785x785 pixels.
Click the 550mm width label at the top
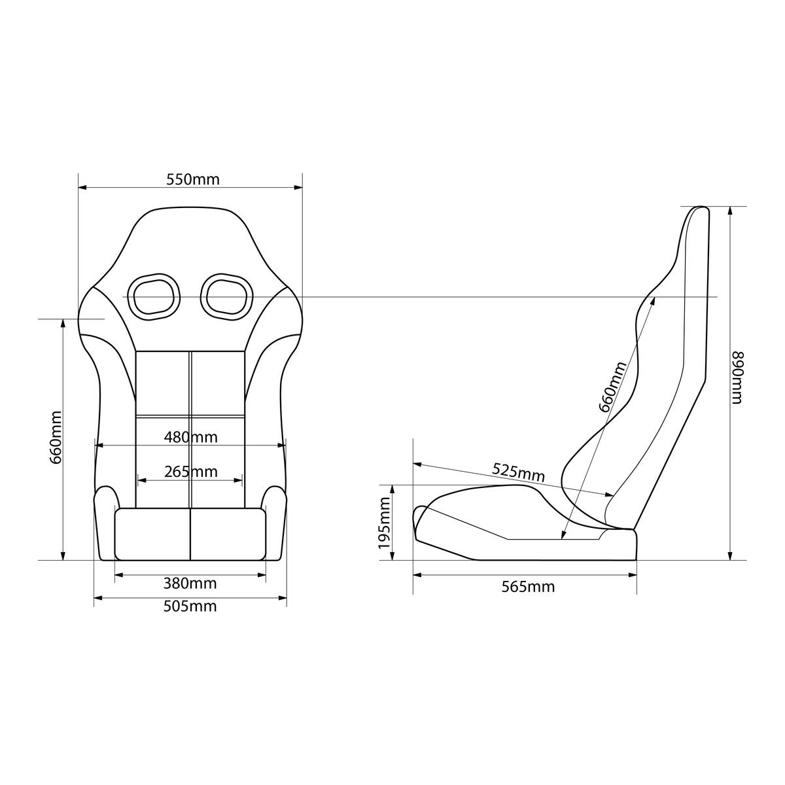193,179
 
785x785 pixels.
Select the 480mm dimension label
190,436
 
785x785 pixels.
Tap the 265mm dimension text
190,471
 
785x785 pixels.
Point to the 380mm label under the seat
190,583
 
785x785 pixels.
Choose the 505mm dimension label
190,606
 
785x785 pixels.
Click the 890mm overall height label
737,377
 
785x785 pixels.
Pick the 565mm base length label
528,587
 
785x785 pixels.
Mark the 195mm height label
384,523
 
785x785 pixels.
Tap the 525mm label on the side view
518,472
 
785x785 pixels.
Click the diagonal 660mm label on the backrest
613,387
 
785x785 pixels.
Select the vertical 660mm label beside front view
56,438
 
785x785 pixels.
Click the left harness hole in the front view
153,297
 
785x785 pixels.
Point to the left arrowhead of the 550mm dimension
82,188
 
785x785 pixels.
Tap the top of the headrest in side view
697,207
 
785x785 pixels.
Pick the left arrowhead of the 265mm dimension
141,480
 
